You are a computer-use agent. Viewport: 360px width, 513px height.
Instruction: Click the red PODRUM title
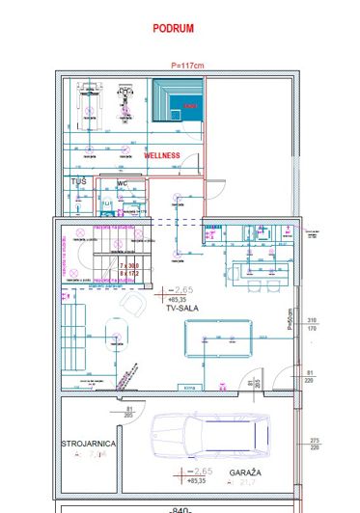pyautogui.click(x=173, y=29)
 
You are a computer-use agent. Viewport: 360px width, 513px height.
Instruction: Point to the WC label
pyautogui.click(x=123, y=181)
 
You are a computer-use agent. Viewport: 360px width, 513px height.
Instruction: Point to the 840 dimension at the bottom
pyautogui.click(x=178, y=508)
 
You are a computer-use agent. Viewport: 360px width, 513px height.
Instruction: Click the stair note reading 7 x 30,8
pyautogui.click(x=128, y=264)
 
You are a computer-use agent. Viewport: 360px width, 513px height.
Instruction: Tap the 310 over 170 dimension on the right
pyautogui.click(x=312, y=324)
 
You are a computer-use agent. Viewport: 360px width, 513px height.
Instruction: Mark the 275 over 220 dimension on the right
pyautogui.click(x=312, y=443)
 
